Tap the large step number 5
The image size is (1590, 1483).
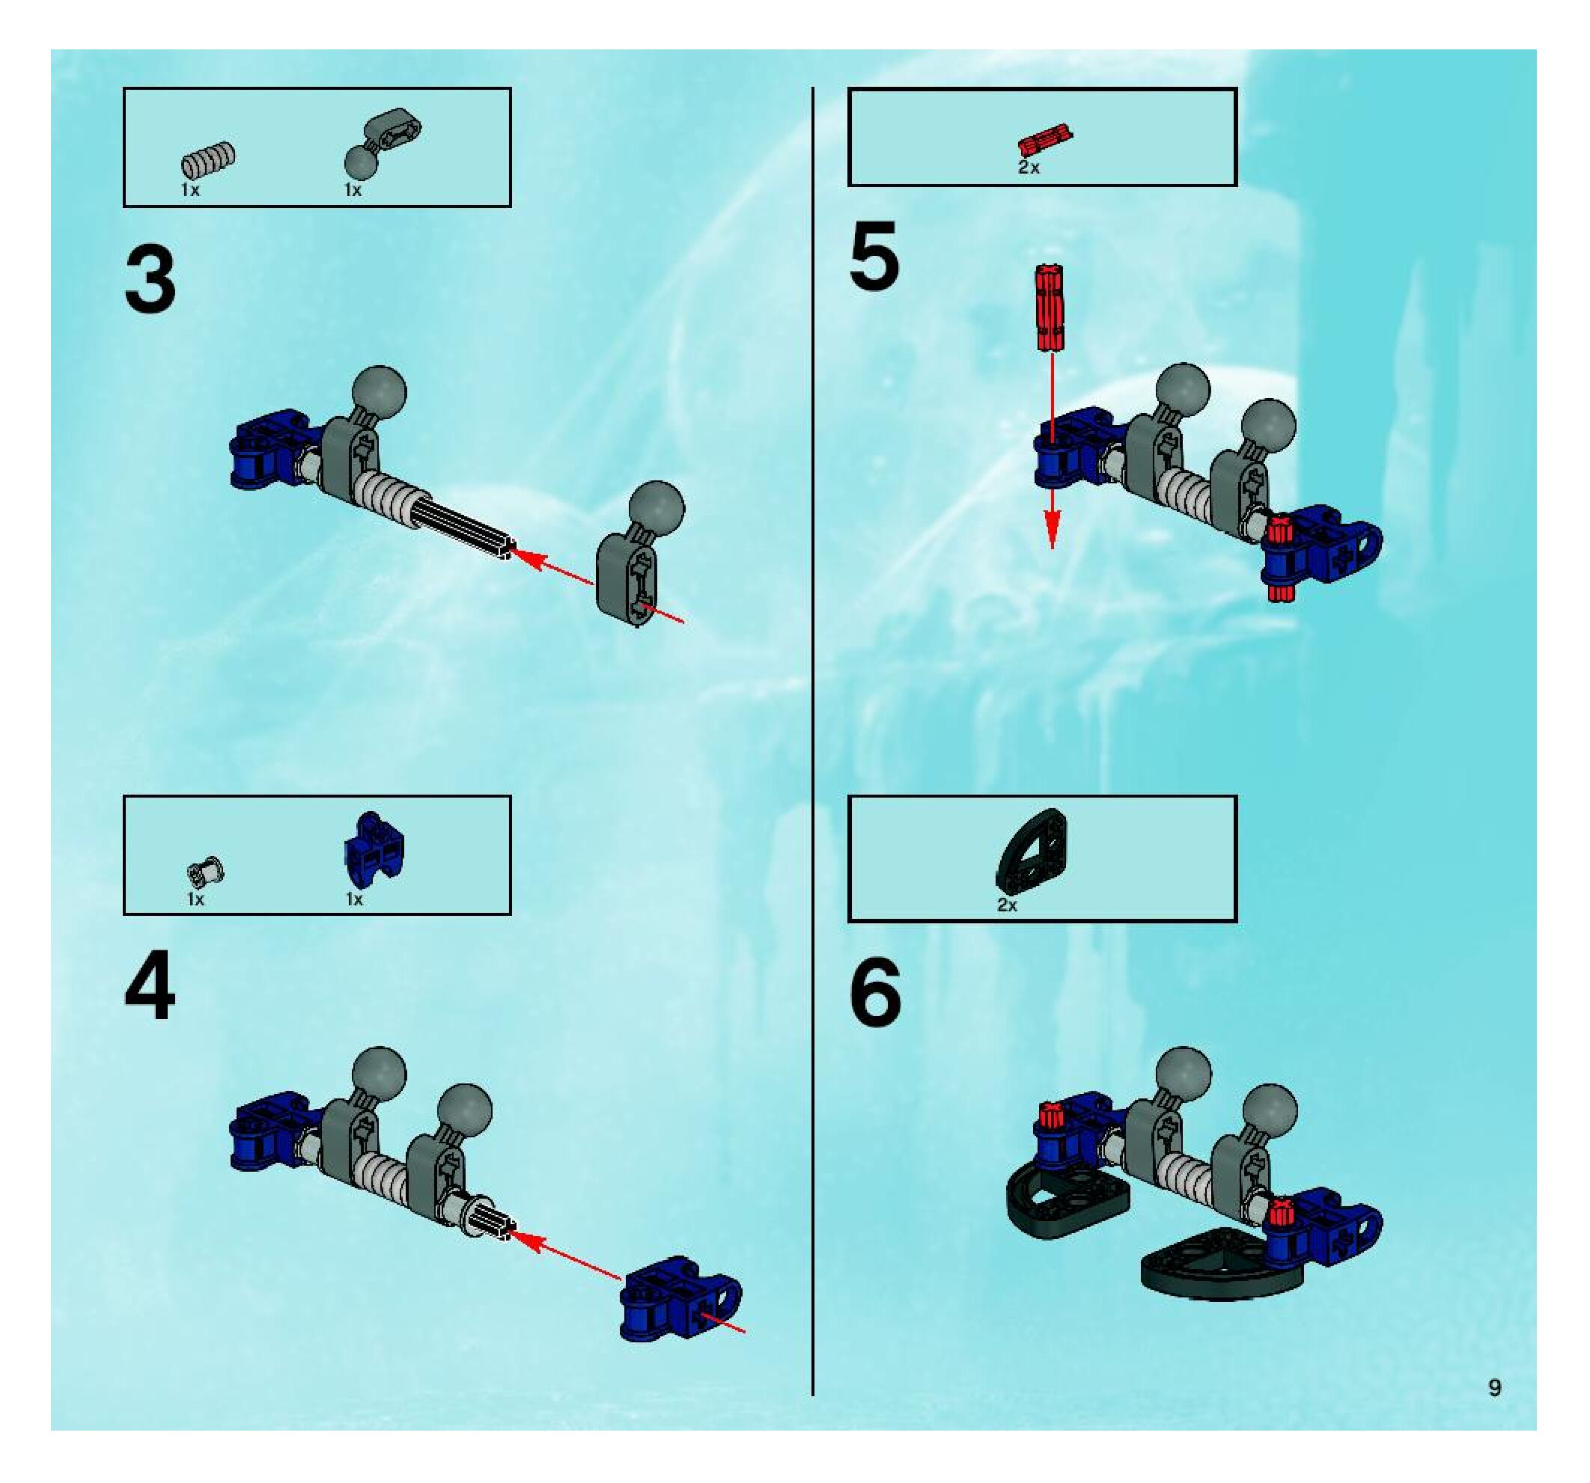874,257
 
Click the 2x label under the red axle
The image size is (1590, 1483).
1029,168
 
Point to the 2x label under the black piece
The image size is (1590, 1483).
1007,906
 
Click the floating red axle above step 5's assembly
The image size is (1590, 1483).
1050,308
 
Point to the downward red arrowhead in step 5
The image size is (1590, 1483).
1052,529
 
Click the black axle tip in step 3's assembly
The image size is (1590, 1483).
505,548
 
